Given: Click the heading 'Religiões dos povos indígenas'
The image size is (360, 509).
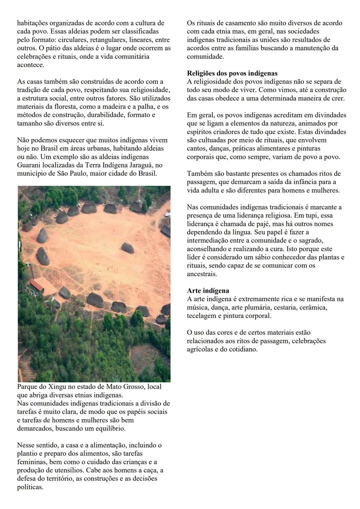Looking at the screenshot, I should pos(232,73).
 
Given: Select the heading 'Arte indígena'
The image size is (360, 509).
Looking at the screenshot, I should pos(208,291).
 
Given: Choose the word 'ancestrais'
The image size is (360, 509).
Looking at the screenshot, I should pos(202,274).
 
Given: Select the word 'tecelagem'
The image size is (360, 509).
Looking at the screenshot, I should pos(202,316).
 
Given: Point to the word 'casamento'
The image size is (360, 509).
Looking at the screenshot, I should pos(242,23).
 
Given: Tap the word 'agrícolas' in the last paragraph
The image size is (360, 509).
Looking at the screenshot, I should pos(199,349).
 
